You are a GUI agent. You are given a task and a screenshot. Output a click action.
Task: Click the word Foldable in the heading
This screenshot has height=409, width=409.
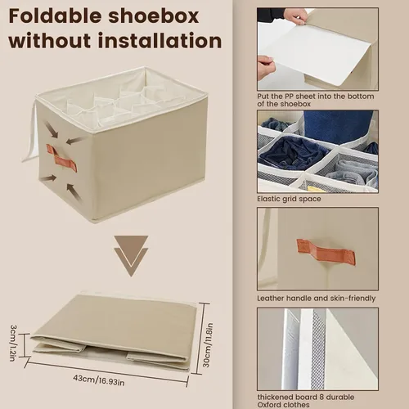pos(55,16)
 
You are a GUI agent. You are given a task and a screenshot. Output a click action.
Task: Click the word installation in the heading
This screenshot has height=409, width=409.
pos(160,41)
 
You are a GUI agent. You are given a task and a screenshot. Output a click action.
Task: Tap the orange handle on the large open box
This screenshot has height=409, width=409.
pos(61,158)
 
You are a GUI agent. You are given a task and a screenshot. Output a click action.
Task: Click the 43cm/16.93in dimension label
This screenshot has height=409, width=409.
pos(99,380)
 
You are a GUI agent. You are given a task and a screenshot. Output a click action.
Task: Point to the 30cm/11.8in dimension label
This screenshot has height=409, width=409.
pos(208,345)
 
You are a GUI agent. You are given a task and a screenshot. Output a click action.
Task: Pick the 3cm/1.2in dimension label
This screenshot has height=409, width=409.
pos(13,343)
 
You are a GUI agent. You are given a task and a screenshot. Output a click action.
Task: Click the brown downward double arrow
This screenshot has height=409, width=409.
pos(131,256)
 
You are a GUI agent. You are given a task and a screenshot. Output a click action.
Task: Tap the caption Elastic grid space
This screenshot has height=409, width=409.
pos(289,199)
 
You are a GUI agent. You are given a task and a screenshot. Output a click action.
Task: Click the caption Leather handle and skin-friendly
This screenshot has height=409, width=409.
pos(317,299)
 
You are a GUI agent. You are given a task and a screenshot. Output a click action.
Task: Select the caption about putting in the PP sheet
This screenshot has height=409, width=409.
pos(316,100)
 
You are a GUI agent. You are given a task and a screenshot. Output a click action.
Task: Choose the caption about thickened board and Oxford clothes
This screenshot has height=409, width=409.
pos(306,401)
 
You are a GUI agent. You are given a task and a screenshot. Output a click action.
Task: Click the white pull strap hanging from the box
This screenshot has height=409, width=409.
pos(30,137)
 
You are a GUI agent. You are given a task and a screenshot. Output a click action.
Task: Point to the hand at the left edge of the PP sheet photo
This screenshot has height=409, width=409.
pos(265,67)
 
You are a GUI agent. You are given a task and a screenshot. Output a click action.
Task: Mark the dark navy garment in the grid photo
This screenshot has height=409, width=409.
pos(293,153)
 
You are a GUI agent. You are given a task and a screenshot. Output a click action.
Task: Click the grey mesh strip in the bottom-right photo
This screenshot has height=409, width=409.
pos(318,349)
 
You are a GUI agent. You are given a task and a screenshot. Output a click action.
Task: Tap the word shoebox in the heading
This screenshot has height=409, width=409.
pos(153,16)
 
